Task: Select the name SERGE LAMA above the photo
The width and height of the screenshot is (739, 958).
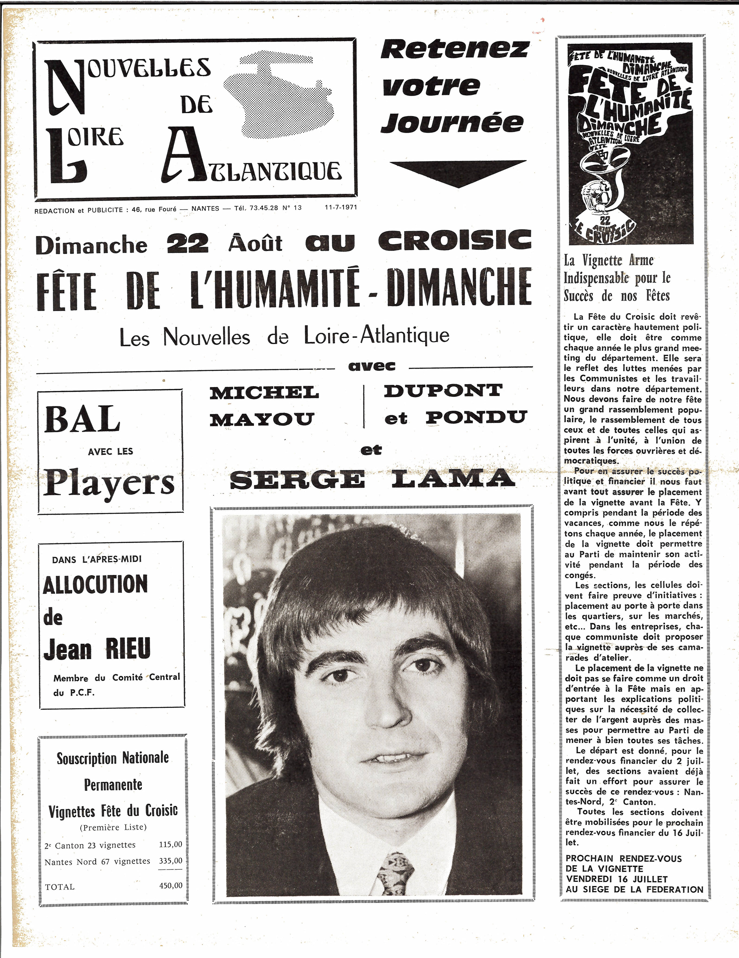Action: tap(372, 479)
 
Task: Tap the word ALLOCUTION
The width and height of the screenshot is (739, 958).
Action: tap(95, 585)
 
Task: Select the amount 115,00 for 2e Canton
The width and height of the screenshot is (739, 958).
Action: tap(171, 844)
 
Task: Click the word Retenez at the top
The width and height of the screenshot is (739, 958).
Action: tap(454, 49)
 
